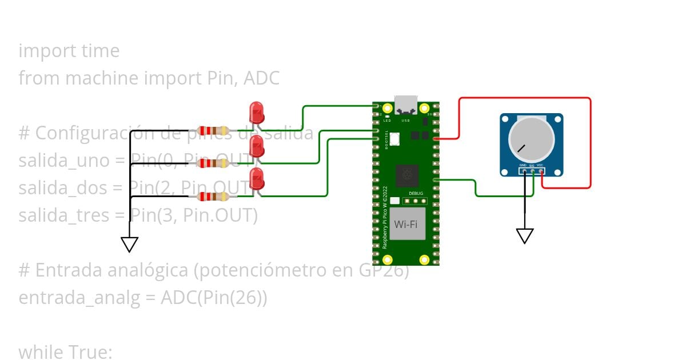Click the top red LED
click(257, 112)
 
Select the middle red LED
click(257, 146)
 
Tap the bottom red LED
click(257, 179)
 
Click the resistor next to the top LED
click(213, 131)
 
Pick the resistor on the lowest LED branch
click(213, 197)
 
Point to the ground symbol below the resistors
click(130, 245)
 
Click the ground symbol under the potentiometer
click(525, 235)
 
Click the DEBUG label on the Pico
click(416, 194)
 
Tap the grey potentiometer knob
click(531, 141)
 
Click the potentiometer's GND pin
click(524, 171)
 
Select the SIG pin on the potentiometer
click(532, 171)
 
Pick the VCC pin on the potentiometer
click(541, 171)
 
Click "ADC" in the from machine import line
click(261, 78)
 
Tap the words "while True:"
click(66, 352)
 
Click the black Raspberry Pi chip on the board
click(408, 175)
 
